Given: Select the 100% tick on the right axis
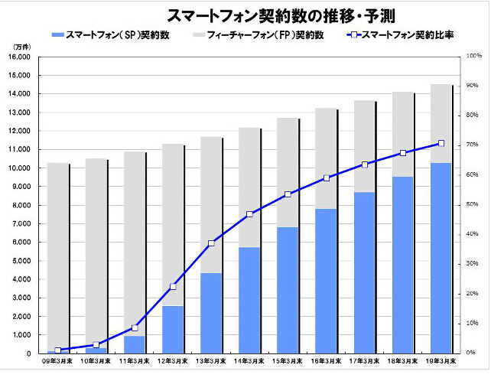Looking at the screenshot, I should [x=473, y=57].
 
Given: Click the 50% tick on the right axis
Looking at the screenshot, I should [x=473, y=205].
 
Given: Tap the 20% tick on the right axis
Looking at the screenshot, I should [x=473, y=294].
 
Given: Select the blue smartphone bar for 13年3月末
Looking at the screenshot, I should [x=211, y=314].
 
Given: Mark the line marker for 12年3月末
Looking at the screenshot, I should [x=173, y=287].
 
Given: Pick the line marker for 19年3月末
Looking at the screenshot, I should [x=441, y=143].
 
